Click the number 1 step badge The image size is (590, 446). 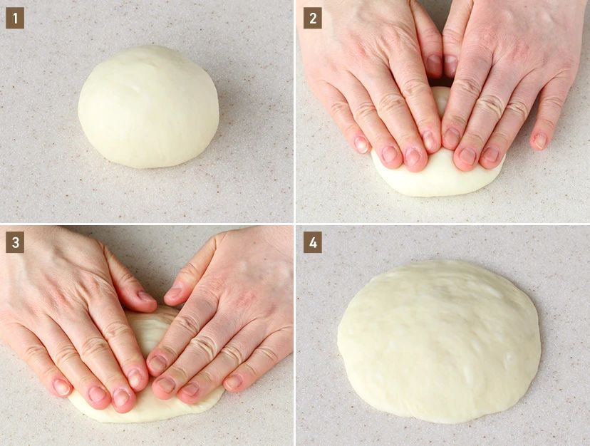(15, 18)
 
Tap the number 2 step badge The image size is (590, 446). (313, 18)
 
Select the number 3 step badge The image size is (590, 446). (15, 242)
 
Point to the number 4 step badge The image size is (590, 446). (313, 242)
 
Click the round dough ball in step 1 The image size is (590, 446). (148, 107)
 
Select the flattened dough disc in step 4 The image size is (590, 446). (439, 341)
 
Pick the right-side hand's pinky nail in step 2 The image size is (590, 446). (540, 141)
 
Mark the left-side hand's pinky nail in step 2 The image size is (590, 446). (362, 144)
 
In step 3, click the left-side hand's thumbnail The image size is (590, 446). (146, 296)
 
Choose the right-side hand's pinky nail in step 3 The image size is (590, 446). (234, 382)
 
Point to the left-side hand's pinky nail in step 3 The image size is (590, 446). (62, 387)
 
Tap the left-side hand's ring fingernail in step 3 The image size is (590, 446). (97, 395)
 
